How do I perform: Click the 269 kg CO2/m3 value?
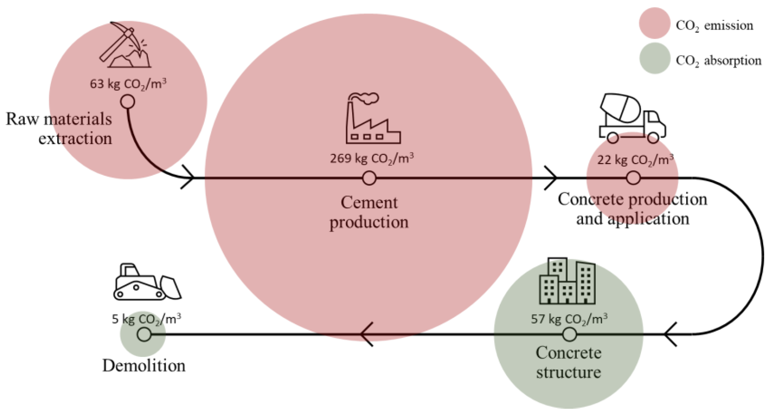pos(372,159)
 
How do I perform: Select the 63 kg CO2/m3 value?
pos(128,84)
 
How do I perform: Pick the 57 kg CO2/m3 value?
pos(569,319)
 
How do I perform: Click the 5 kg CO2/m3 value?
pos(146,319)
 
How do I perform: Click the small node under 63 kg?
pos(127,102)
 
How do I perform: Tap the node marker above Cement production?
pos(369,178)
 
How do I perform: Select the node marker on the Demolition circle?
pos(144,334)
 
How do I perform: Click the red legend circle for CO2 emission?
pos(654,23)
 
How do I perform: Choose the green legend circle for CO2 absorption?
pos(654,58)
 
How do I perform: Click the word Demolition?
pos(144,366)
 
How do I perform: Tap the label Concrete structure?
pos(568,362)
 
